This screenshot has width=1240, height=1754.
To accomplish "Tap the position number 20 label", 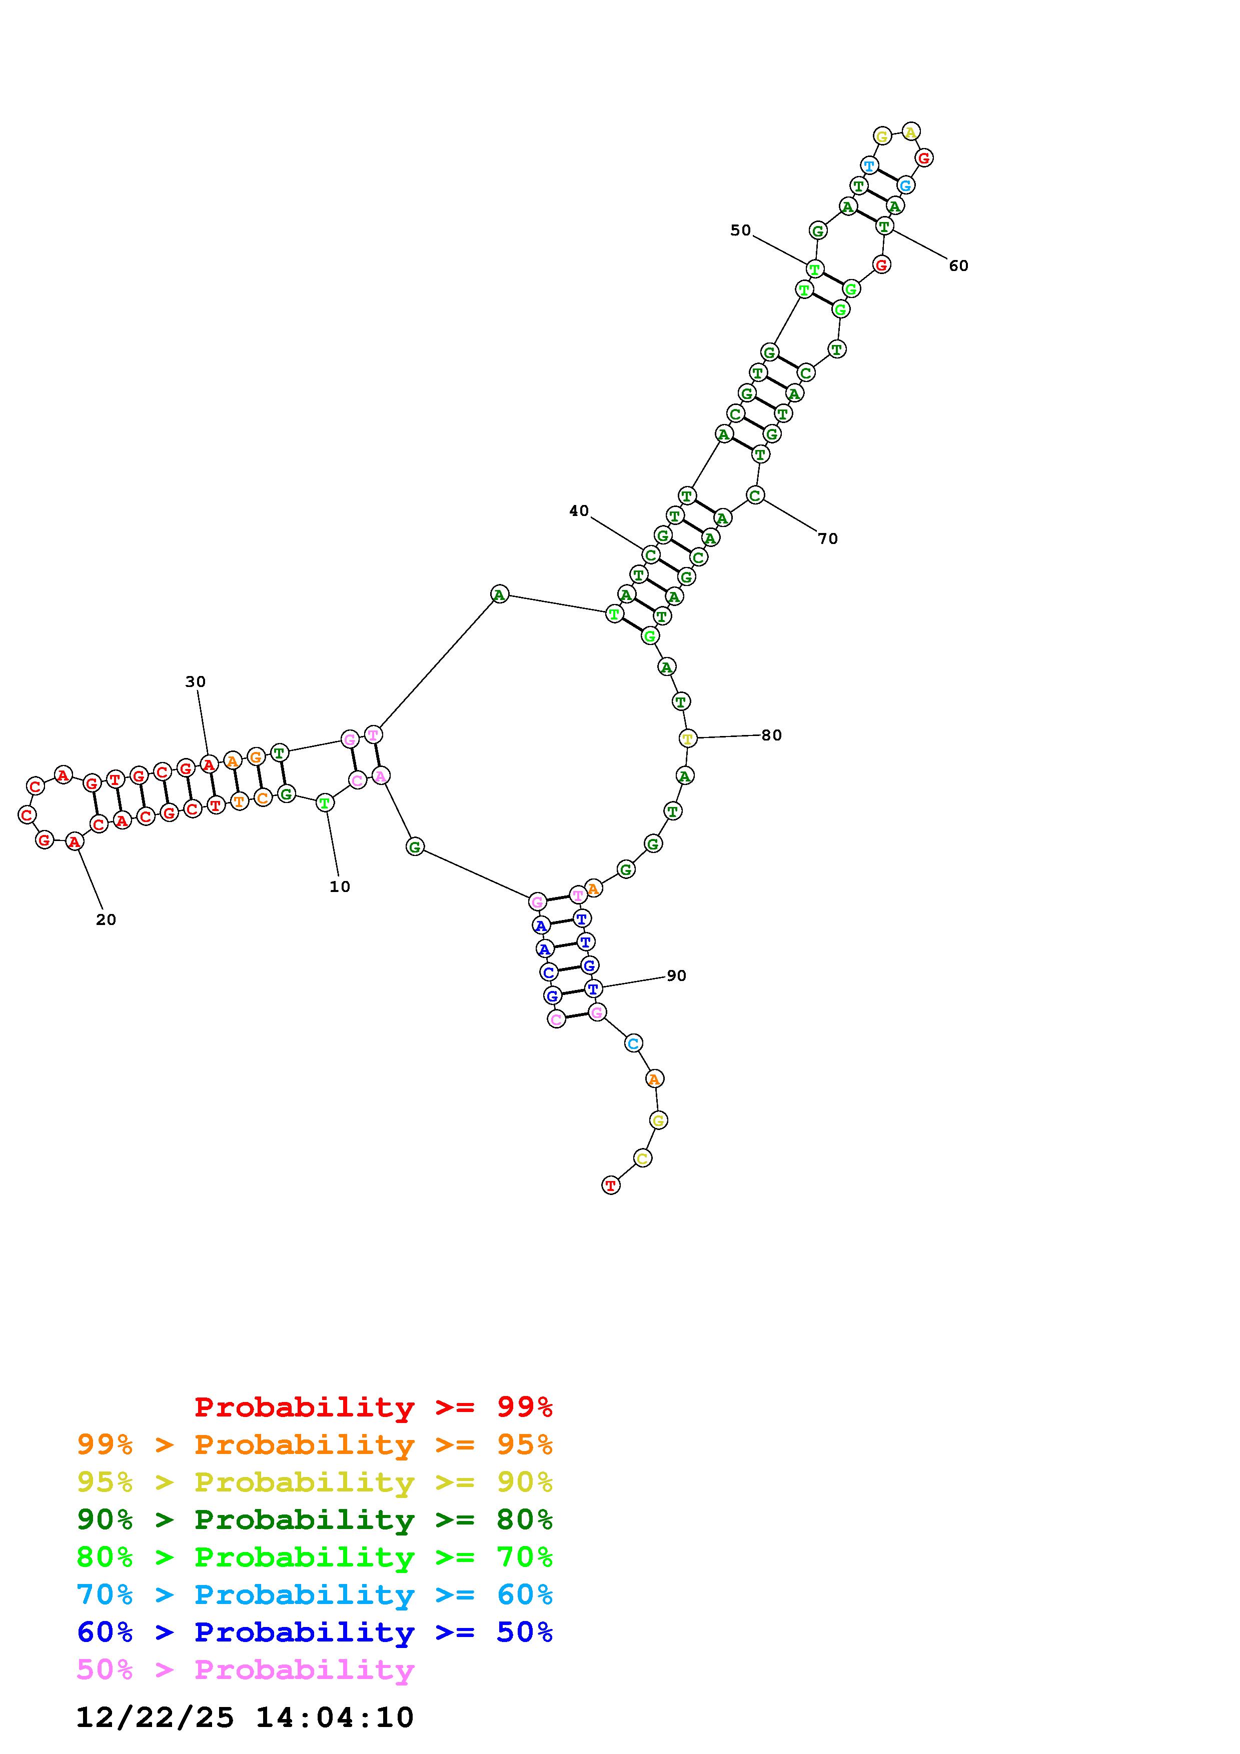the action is tap(106, 920).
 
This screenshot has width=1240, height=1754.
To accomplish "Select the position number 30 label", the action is tap(196, 681).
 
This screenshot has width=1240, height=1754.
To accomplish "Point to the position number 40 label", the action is tap(579, 510).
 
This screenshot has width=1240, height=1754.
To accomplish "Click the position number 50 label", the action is tap(740, 230).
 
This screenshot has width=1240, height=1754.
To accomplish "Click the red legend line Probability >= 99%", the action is tap(374, 1406).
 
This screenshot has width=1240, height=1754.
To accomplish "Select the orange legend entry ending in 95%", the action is tap(315, 1444).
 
